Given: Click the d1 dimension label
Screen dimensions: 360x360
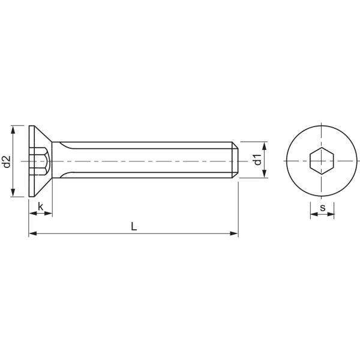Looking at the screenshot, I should point(257,160).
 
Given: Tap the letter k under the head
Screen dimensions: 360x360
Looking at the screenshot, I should point(40,207).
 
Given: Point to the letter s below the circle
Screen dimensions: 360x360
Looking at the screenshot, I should point(322,208).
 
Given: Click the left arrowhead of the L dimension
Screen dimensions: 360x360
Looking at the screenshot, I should point(32,233).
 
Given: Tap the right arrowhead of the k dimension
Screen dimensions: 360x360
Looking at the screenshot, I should point(49,214).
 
